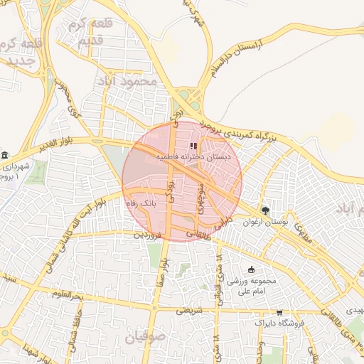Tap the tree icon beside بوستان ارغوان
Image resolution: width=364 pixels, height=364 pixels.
[x=266, y=210]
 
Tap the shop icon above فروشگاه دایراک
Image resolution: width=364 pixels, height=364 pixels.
[x=279, y=311]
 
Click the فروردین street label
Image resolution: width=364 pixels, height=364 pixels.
[x=151, y=233]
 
